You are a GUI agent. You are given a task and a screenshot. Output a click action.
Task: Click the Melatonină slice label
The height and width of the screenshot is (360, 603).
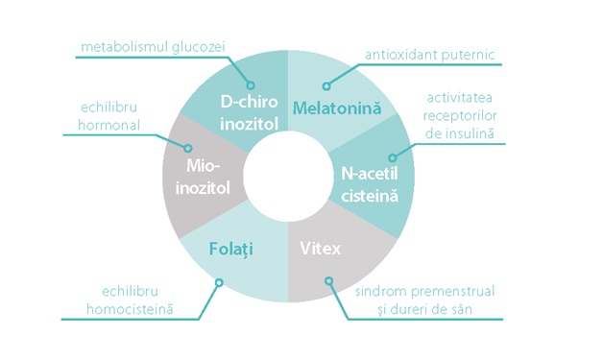tap(336, 108)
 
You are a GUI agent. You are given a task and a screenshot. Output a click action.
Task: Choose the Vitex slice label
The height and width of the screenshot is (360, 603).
tap(321, 250)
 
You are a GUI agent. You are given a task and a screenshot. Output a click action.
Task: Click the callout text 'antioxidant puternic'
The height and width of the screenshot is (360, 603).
tap(430, 54)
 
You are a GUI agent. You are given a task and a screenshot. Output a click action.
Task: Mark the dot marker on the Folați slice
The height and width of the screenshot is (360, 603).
tap(221, 282)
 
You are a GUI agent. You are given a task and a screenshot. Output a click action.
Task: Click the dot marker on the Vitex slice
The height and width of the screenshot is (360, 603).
tap(329, 282)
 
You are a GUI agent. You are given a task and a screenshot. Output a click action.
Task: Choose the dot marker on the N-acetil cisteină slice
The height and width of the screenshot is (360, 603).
tap(393, 156)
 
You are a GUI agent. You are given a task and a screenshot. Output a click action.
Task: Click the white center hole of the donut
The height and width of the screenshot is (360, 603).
tap(284, 175)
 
